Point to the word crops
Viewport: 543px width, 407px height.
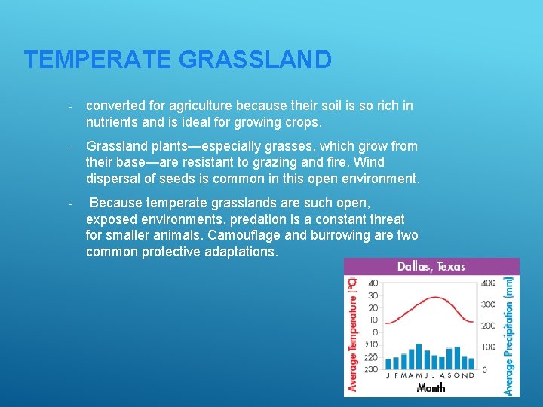pos(302,121)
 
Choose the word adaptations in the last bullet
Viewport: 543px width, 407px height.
pos(241,252)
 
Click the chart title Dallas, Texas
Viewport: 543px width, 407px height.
pos(431,266)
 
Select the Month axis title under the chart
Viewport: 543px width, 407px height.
pos(431,387)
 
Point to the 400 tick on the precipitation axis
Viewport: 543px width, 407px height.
pos(489,283)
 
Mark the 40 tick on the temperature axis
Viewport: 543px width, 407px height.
pos(373,283)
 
